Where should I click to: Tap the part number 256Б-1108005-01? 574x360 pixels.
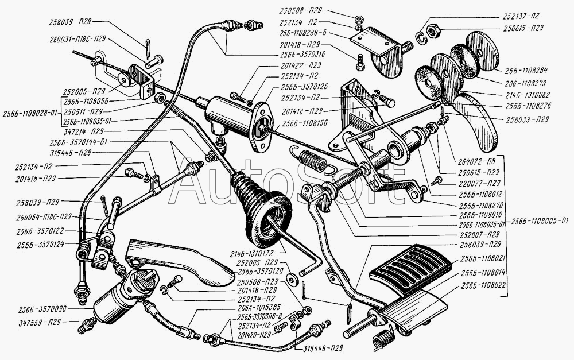[540, 220]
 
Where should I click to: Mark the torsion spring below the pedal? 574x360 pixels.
[381, 339]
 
